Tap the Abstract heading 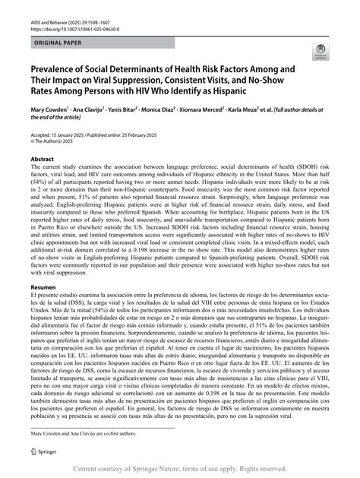point(42,161)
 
